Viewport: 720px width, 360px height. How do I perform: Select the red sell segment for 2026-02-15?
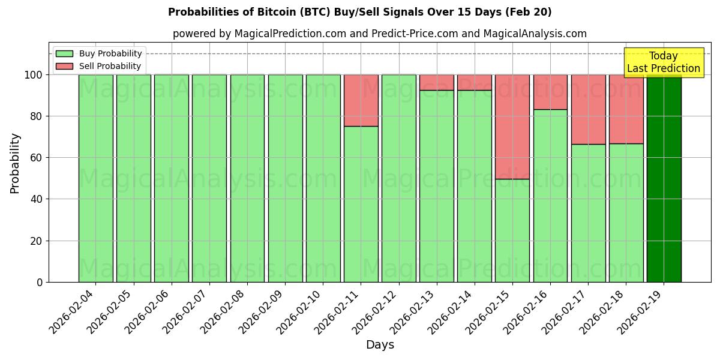click(x=512, y=127)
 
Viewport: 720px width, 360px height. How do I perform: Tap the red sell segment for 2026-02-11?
click(x=361, y=100)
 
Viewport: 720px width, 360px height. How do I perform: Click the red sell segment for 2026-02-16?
click(x=550, y=92)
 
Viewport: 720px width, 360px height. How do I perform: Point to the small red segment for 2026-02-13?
click(x=437, y=82)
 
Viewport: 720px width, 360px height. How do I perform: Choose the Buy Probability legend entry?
click(x=99, y=53)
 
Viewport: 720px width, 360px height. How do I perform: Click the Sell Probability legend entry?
click(x=99, y=66)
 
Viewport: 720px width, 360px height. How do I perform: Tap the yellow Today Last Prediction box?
click(x=663, y=62)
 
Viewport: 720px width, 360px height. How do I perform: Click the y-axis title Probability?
click(x=15, y=163)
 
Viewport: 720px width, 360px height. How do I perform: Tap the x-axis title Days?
click(x=380, y=344)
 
